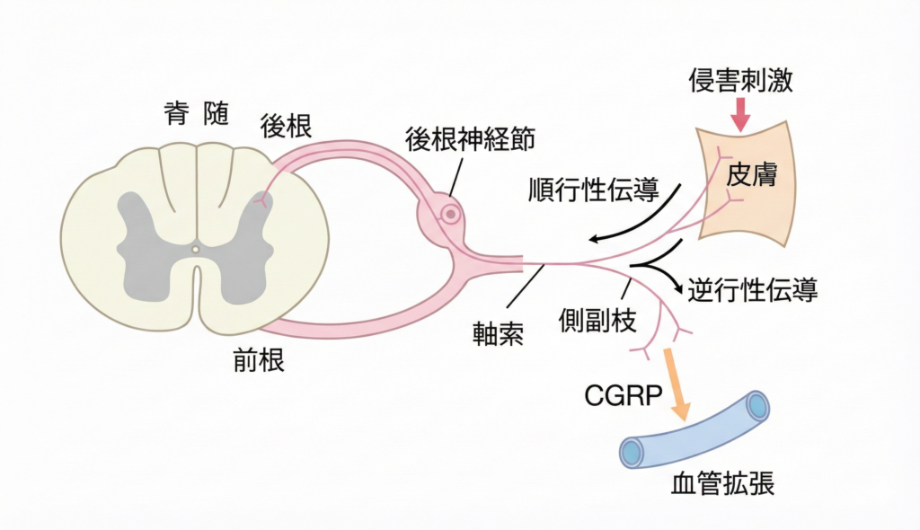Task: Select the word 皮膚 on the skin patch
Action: [x=749, y=173]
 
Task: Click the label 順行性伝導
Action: [x=594, y=190]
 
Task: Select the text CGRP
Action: [x=621, y=395]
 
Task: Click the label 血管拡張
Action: [x=723, y=485]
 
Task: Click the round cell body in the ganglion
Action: [x=450, y=215]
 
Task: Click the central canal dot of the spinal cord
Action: [x=195, y=249]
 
